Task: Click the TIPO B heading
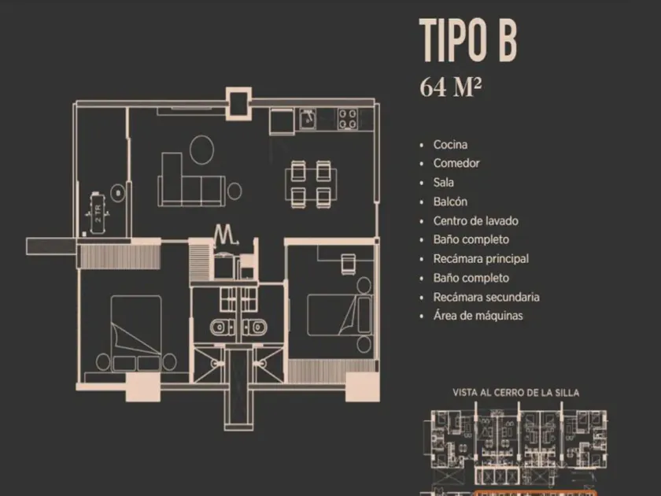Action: click(468, 41)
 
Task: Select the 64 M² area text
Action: click(450, 87)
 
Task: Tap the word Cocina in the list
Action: click(450, 145)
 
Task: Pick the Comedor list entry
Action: click(456, 163)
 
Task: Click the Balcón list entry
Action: click(450, 202)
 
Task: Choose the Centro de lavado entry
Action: click(475, 220)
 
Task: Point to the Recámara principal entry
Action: click(481, 258)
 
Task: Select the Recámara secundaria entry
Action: click(486, 297)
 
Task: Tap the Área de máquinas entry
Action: click(478, 316)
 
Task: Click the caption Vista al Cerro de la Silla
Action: click(515, 393)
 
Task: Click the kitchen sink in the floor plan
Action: click(308, 119)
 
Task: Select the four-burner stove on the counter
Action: click(348, 119)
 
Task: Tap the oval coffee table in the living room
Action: click(201, 150)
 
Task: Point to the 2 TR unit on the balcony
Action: click(98, 213)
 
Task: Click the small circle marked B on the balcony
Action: click(117, 193)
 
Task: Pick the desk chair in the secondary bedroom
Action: click(348, 265)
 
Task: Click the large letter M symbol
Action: click(226, 235)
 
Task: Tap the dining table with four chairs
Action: click(311, 184)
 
